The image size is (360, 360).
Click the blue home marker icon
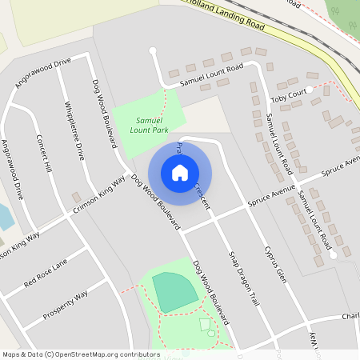point(180,172)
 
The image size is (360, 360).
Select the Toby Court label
point(289,98)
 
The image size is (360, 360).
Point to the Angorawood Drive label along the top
point(42,72)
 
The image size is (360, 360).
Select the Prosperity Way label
point(66,306)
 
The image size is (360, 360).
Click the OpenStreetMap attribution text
point(70,354)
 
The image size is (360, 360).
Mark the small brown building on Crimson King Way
point(76,197)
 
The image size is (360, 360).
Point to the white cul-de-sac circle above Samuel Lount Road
point(152,51)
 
